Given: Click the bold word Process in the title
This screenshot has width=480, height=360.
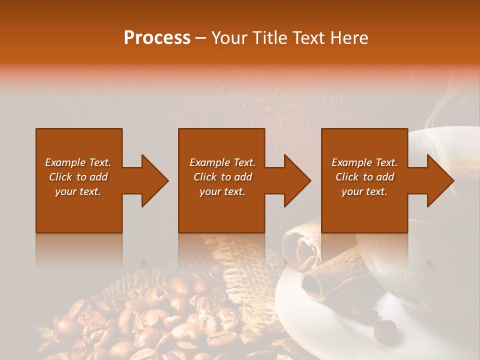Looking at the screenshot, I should pos(157,38).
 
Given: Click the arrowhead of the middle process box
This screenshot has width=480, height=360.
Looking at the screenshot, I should pos(296,180).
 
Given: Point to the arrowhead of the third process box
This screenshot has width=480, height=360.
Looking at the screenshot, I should pos(439,180).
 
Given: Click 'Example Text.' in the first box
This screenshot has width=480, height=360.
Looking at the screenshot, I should pos(78,162).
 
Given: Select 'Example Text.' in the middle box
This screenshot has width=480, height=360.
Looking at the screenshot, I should pos(222,162).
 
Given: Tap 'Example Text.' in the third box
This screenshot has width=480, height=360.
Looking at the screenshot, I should pos(364,162).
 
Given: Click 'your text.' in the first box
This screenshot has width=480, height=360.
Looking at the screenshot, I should pos(78,191).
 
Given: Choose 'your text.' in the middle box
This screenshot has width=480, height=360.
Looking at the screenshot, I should pos(222,191).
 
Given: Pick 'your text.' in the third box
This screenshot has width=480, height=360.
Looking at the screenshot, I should pos(364,191).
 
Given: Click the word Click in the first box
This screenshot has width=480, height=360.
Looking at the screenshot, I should pos(61,177).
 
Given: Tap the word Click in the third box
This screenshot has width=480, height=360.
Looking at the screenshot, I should pos(347,177).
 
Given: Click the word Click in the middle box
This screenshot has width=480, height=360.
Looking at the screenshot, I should pos(205,177).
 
